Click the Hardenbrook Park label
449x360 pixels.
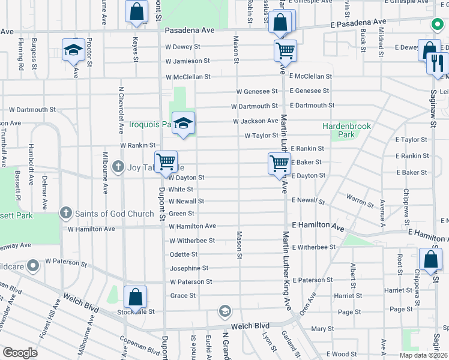pos(347,131)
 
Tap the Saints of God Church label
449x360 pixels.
pos(115,213)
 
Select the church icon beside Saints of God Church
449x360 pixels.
pos(66,213)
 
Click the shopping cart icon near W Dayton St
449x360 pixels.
pos(166,162)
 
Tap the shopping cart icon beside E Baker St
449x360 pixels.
pos(279,163)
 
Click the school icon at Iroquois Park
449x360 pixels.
pos(183,124)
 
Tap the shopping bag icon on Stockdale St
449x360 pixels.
pos(136,296)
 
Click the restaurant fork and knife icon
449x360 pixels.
pos(438,62)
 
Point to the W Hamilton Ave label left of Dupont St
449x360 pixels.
pos(91,229)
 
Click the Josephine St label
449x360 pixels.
pos(188,268)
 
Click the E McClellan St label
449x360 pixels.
pos(310,76)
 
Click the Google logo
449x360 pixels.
pos(20,352)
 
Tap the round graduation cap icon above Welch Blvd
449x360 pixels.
pos(224,311)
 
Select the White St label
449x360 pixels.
pos(181,190)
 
